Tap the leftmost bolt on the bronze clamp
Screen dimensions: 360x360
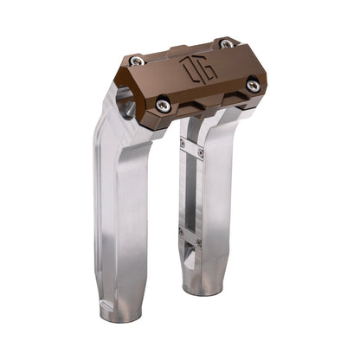pos(137,61)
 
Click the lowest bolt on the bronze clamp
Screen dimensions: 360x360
pos(164,106)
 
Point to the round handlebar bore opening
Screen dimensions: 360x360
pos(127,108)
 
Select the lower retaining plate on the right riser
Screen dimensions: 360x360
pos(190,236)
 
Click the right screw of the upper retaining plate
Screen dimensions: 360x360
pos(201,152)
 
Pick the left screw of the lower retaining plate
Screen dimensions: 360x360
pos(179,231)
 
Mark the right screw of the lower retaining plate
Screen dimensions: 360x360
pos(199,243)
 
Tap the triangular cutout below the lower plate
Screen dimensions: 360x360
pos(189,257)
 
